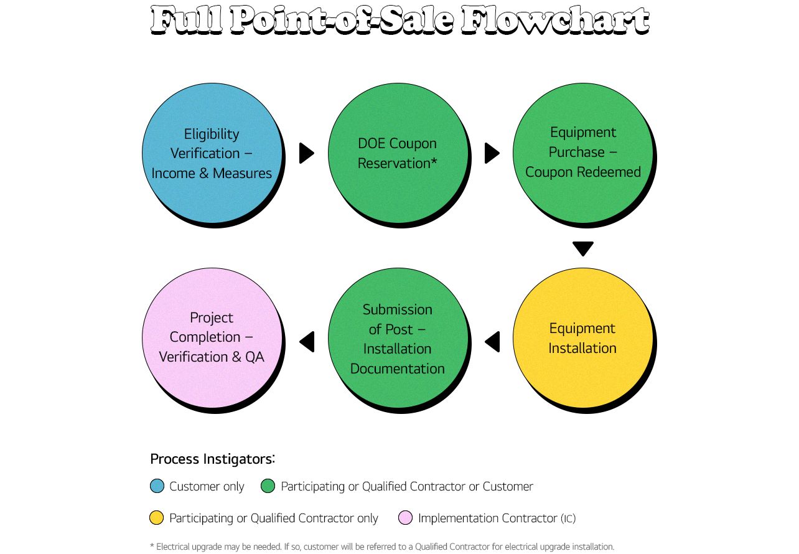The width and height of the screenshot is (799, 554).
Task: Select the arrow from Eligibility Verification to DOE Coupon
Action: point(306,153)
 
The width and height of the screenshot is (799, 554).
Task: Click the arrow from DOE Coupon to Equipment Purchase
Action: point(492,153)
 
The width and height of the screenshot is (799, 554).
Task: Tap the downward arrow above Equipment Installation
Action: point(583,248)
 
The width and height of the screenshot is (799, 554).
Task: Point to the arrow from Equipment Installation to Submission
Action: point(493,341)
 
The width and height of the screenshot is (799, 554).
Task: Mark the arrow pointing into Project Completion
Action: point(307,341)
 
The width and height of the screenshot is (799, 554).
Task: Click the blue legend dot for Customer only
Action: point(157,486)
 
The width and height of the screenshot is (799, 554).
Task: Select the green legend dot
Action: point(268,486)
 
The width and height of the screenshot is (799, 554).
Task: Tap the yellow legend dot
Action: point(157,518)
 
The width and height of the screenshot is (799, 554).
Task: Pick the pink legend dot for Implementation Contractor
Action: point(406,518)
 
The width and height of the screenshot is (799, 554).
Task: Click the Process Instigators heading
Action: point(212,459)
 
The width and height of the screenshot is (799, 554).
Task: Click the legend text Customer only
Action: point(207,487)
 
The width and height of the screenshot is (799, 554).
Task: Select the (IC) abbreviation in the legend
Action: point(572,519)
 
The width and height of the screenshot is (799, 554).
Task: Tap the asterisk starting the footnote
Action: point(152,547)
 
